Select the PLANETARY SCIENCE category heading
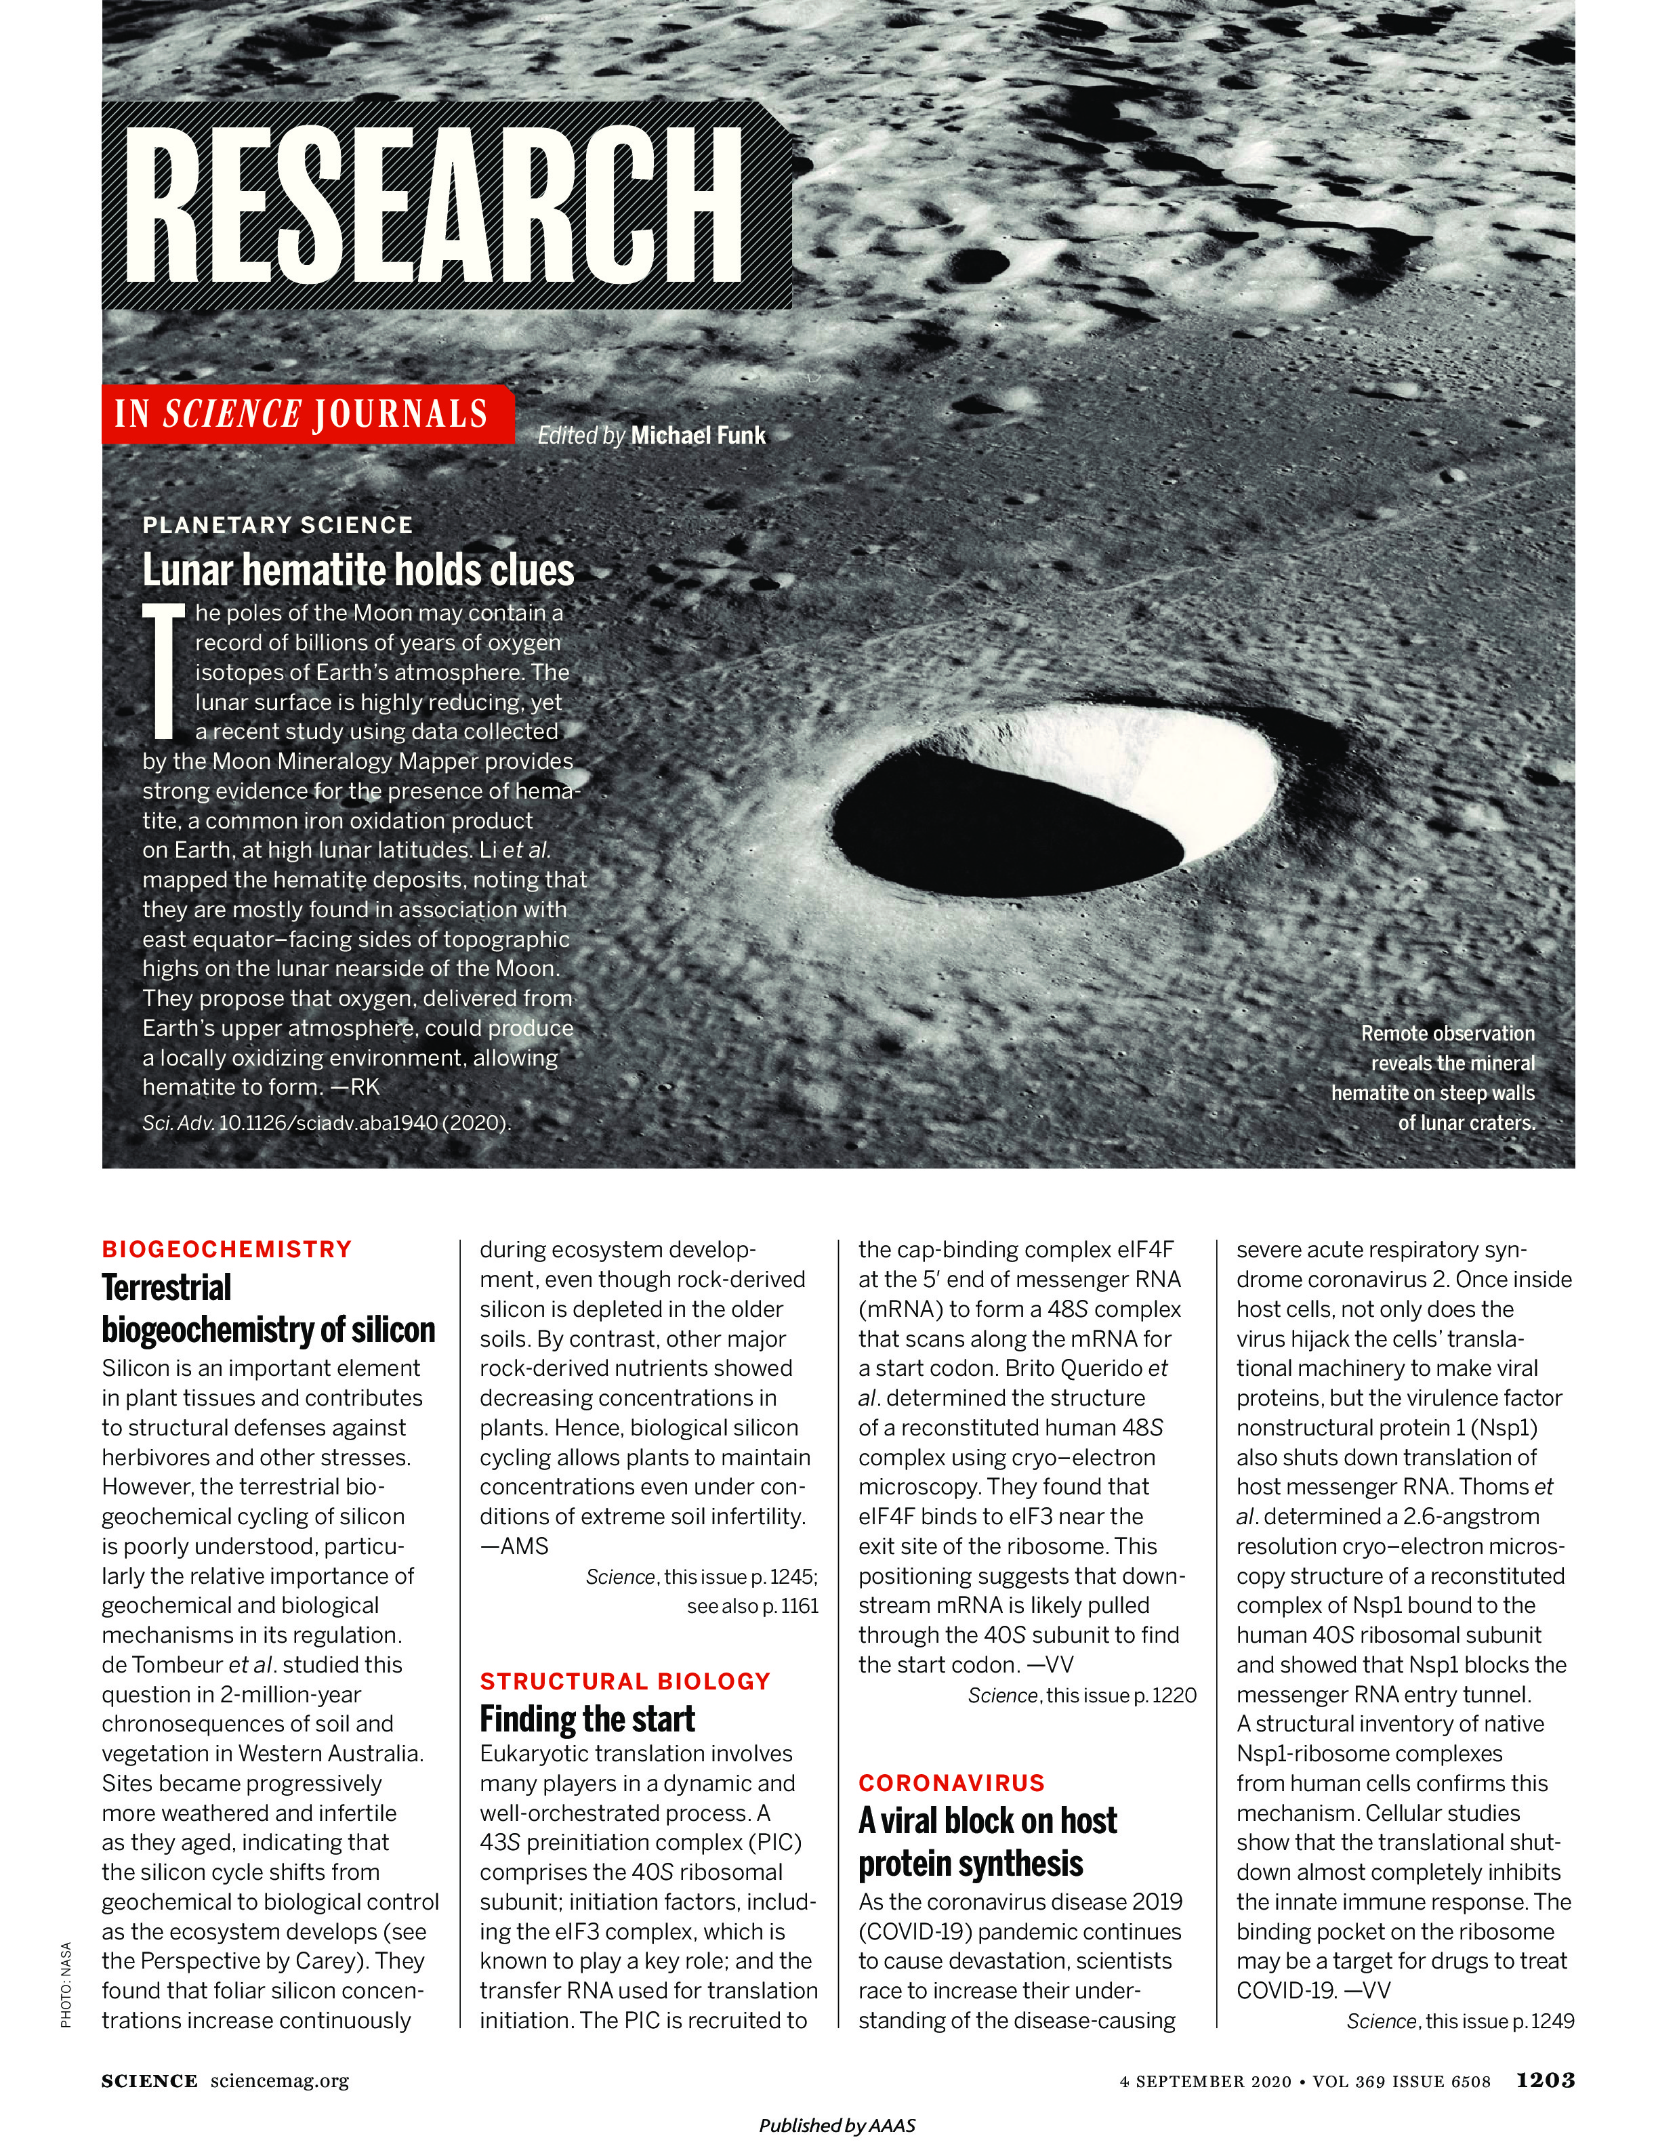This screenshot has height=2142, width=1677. [278, 525]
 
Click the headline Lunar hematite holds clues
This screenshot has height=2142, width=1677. [358, 570]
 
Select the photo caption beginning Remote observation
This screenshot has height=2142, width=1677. [1434, 1078]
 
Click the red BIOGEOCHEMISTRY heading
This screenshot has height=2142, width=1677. [227, 1250]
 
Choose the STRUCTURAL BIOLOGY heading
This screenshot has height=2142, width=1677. [625, 1681]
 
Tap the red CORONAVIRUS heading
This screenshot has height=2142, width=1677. [951, 1783]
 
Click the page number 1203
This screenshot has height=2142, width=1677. [1546, 2079]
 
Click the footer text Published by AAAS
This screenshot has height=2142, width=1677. [837, 2125]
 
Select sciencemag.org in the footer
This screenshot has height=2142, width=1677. [280, 2080]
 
